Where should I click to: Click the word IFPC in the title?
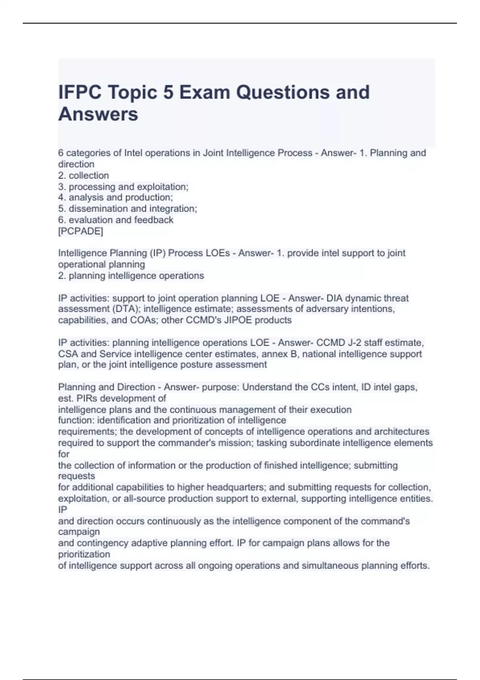80,92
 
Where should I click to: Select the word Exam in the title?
205,92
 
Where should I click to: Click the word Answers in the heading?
98,114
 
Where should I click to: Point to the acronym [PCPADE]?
80,231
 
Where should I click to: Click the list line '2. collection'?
83,175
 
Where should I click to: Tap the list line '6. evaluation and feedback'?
116,220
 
